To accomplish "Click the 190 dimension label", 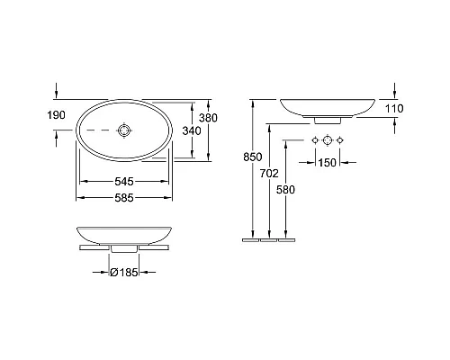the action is [x=56, y=115].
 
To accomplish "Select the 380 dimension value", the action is [x=208, y=118].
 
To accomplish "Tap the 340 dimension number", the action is [x=192, y=130].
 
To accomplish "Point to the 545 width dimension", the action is [x=124, y=181].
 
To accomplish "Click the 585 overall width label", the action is [x=124, y=198].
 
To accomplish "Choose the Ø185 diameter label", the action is [x=124, y=273].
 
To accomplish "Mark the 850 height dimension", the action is [x=253, y=157].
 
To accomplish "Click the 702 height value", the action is [x=269, y=173].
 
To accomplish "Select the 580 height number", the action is [x=285, y=190].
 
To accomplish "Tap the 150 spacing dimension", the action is [x=328, y=163].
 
